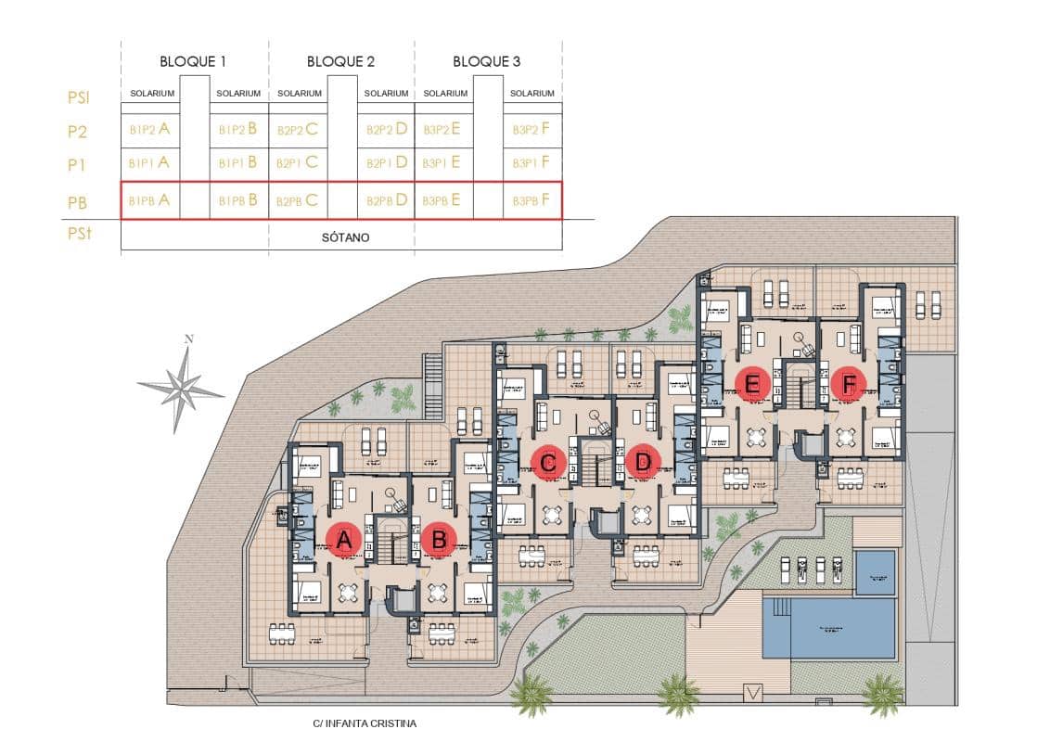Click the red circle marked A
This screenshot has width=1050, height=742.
(x=344, y=540)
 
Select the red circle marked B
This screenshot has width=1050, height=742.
(x=440, y=540)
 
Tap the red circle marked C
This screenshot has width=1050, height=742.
(x=548, y=461)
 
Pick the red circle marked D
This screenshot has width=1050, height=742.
(x=642, y=461)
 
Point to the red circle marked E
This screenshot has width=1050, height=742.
(x=752, y=383)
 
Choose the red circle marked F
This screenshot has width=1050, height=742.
(x=848, y=383)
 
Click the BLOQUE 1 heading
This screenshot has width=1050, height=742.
(x=193, y=62)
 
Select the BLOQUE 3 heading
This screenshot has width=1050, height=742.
(x=486, y=62)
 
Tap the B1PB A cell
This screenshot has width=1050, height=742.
(x=149, y=200)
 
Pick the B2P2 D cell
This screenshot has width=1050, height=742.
(x=387, y=130)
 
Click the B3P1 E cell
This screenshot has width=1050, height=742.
(x=441, y=163)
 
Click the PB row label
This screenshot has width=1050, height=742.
(x=78, y=201)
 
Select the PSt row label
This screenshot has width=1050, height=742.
(x=79, y=235)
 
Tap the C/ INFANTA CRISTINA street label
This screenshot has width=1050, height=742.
(x=365, y=723)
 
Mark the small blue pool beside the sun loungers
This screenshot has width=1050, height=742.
(x=875, y=571)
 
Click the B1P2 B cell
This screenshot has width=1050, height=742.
(x=237, y=130)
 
